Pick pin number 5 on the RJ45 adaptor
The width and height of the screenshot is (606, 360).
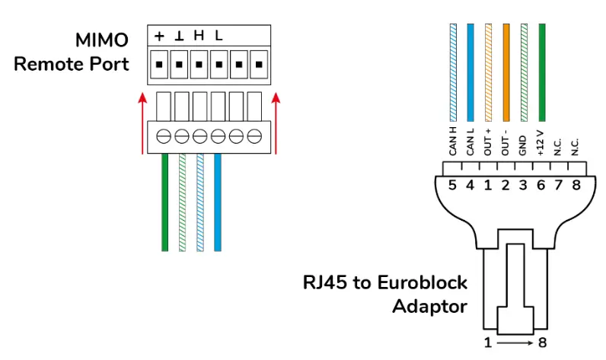pos(452,186)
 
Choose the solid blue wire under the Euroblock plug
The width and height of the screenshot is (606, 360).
pos(218,202)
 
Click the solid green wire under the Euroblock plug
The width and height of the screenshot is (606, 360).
pos(164,202)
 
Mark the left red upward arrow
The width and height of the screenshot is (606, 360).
pos(142,122)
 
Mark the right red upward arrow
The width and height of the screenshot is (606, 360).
pos(276,122)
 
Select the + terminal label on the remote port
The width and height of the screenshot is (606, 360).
pos(160,36)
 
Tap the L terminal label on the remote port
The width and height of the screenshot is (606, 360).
pos(218,36)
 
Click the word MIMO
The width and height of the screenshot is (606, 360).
pos(102,40)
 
